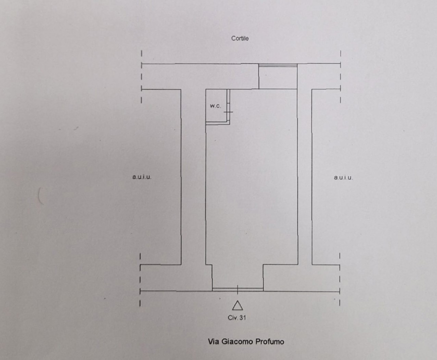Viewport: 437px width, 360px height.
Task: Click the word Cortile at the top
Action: click(x=240, y=38)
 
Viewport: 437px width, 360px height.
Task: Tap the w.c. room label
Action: click(x=215, y=106)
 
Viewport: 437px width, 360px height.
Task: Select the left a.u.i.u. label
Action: click(x=141, y=177)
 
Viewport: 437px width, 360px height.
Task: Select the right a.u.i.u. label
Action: click(x=343, y=177)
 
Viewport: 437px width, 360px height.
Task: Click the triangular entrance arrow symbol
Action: click(x=237, y=305)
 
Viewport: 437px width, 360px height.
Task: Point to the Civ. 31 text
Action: click(x=237, y=317)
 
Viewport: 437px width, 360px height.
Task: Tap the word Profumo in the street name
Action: click(x=269, y=342)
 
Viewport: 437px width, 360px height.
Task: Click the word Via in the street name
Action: click(x=213, y=342)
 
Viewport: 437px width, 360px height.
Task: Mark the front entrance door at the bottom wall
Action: click(x=237, y=289)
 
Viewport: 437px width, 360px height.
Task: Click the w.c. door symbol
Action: click(x=228, y=112)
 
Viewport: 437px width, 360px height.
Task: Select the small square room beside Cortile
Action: click(x=277, y=77)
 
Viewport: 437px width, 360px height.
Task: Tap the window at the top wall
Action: click(x=277, y=64)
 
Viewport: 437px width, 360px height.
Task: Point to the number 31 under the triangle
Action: click(x=242, y=317)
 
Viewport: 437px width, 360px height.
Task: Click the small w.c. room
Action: click(x=217, y=112)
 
